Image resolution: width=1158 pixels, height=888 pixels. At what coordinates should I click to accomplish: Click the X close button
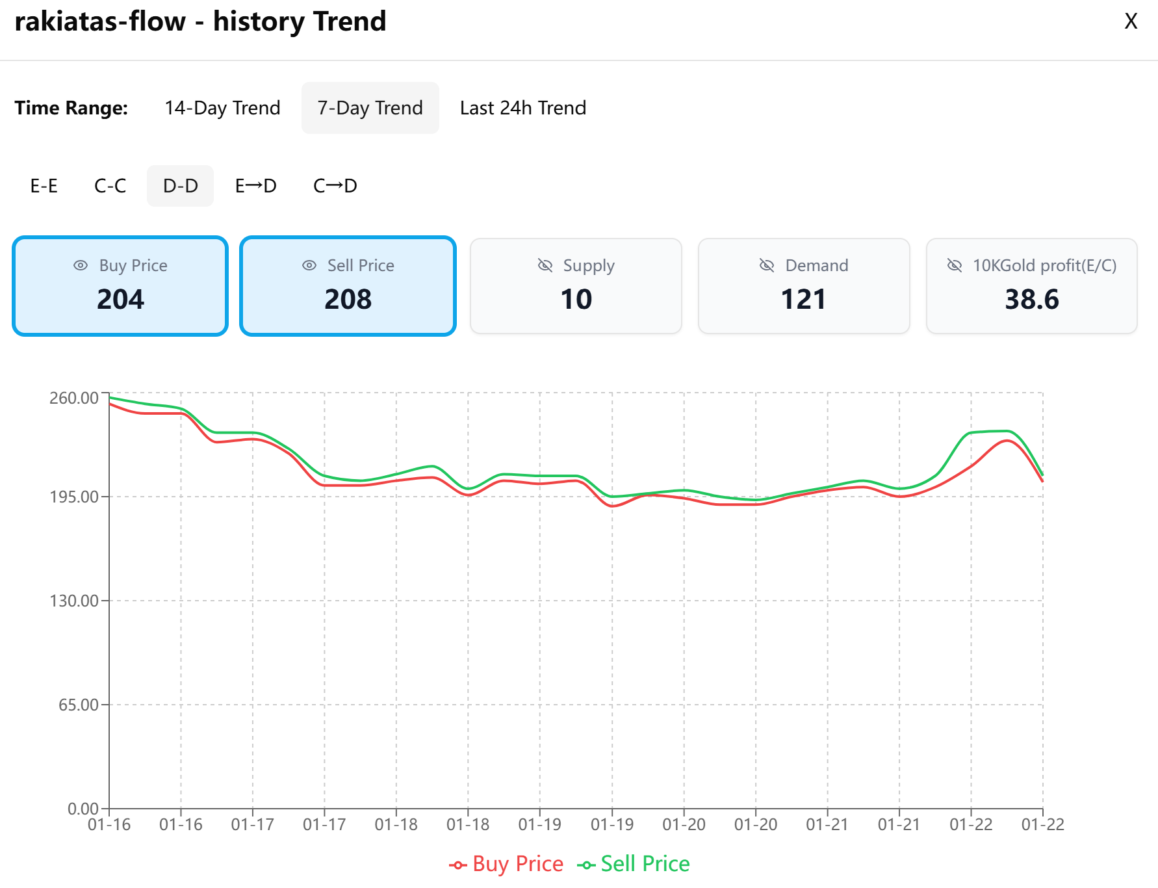(x=1131, y=21)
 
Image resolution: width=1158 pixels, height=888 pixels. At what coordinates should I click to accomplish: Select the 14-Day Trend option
(x=222, y=108)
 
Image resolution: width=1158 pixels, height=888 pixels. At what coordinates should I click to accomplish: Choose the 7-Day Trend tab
(x=370, y=108)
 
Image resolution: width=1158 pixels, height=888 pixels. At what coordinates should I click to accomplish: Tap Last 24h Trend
(x=523, y=108)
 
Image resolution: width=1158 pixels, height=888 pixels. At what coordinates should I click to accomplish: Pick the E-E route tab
(x=44, y=186)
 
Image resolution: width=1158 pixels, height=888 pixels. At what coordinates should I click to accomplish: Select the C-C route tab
(x=110, y=186)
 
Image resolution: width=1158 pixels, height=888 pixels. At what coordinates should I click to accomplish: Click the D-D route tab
(x=180, y=186)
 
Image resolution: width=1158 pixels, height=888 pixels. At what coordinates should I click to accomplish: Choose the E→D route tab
(x=255, y=186)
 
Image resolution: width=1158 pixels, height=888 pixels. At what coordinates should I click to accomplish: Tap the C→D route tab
(x=335, y=186)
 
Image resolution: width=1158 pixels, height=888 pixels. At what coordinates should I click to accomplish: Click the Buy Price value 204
(x=120, y=300)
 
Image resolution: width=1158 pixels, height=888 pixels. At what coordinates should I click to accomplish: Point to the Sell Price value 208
(x=348, y=300)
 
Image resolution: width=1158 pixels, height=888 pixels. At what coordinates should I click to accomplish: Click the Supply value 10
(x=576, y=300)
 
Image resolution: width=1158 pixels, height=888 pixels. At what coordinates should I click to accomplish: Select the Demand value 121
(x=803, y=300)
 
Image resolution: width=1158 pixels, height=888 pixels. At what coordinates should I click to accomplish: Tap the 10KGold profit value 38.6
(x=1031, y=300)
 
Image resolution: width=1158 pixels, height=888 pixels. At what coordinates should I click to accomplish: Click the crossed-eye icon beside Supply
(x=545, y=265)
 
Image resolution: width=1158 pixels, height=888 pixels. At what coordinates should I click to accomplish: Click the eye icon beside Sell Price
(x=309, y=265)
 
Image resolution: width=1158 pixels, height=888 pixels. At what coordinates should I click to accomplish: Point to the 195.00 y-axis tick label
(x=74, y=497)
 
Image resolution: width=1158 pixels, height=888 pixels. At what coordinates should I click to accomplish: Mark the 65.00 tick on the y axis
(x=78, y=705)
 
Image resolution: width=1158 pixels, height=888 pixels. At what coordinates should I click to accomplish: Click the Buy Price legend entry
(x=506, y=864)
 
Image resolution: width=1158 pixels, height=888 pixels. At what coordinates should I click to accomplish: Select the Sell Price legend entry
(x=634, y=864)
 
